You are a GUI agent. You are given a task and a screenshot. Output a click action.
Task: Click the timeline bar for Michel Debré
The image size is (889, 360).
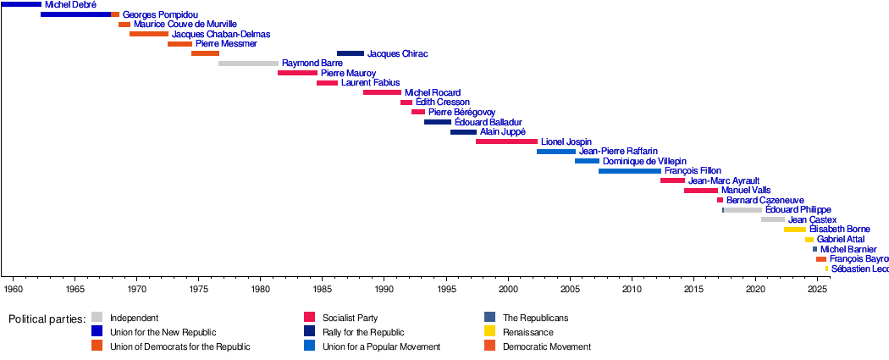[x=20, y=5]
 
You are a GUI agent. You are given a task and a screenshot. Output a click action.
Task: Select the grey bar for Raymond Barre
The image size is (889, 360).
[x=248, y=64]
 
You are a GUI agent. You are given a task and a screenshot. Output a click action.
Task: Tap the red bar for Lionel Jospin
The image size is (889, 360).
[x=506, y=141]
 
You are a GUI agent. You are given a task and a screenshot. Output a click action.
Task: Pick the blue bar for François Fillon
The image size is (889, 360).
[x=630, y=171]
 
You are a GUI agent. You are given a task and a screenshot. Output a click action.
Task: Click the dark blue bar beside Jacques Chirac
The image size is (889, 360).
[x=351, y=53]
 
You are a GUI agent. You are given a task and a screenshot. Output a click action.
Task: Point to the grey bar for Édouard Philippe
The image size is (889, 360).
[x=743, y=210]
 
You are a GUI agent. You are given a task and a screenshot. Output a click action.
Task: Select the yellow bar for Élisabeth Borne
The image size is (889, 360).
[x=795, y=230]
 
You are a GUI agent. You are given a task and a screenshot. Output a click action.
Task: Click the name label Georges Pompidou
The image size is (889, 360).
[x=161, y=15]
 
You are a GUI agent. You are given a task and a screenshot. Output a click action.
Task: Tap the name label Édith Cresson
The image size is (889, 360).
[x=443, y=102]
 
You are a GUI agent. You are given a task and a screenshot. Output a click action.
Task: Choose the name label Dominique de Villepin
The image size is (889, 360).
[x=644, y=161]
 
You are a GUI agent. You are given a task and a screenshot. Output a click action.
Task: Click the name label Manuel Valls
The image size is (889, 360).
[x=746, y=191]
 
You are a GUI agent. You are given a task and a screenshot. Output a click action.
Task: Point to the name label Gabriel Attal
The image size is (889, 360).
[x=841, y=240]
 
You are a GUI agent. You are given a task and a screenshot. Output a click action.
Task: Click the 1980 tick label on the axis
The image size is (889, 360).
[x=261, y=290]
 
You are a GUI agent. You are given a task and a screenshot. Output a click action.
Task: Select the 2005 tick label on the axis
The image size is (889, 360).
[x=570, y=290]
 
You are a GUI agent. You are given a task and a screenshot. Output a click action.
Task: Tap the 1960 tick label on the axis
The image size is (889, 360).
[x=14, y=290]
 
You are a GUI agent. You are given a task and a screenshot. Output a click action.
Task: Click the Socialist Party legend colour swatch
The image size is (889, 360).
[x=309, y=318]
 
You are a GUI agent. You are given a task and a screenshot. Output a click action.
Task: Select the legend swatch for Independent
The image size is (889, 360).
[x=97, y=318]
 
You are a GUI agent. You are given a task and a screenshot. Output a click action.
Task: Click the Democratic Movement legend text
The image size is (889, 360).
[x=546, y=346]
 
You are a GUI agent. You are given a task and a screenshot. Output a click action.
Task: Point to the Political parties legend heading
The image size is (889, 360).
[x=47, y=319]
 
